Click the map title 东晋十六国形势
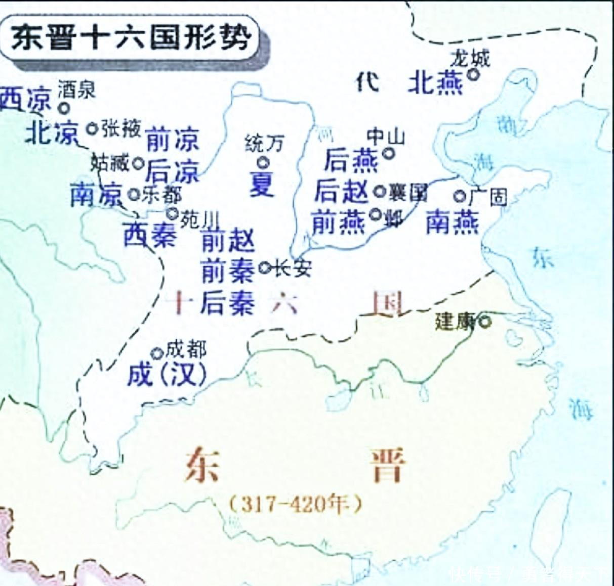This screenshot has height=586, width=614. coord(131,38)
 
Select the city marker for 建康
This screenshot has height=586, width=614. coord(485,321)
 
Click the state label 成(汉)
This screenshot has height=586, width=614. coord(167,375)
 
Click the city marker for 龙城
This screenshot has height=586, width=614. coord(473,74)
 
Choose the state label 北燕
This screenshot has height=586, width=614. coord(435,82)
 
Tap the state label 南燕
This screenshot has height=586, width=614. coord(452,222)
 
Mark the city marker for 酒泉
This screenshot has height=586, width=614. coord(64,108)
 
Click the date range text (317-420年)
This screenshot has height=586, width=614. coord(296,504)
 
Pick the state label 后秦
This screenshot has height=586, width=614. coord(227,304)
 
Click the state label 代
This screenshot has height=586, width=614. coord(367,82)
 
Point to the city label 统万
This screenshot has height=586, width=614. coord(264,144)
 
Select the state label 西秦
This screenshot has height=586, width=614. coord(150,235)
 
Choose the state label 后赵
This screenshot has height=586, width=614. coord(342,192)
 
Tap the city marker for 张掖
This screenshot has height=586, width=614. coord(92,128)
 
